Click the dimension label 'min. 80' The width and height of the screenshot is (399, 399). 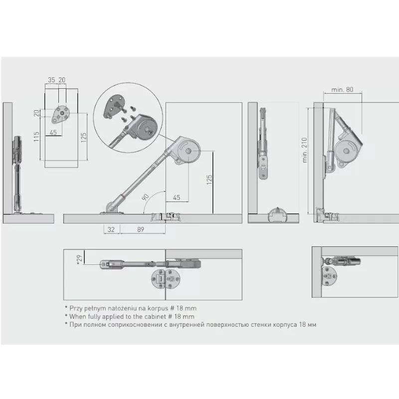[342, 90]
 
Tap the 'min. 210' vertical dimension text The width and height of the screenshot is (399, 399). [305, 150]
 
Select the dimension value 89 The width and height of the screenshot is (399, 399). [141, 229]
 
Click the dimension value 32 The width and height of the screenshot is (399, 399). [111, 229]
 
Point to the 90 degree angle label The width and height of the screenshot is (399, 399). [145, 197]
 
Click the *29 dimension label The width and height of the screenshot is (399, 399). [80, 259]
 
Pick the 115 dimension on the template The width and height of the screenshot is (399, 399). [36, 137]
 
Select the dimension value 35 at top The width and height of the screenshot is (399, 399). [51, 80]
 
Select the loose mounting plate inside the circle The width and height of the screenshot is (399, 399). [114, 106]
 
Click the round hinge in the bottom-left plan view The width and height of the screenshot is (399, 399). [166, 279]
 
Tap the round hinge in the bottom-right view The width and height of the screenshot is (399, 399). [329, 276]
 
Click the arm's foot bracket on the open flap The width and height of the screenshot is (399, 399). [112, 208]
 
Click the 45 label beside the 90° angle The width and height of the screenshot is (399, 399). [177, 198]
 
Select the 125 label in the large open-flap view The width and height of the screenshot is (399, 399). [209, 180]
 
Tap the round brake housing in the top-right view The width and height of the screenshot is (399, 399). [346, 151]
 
